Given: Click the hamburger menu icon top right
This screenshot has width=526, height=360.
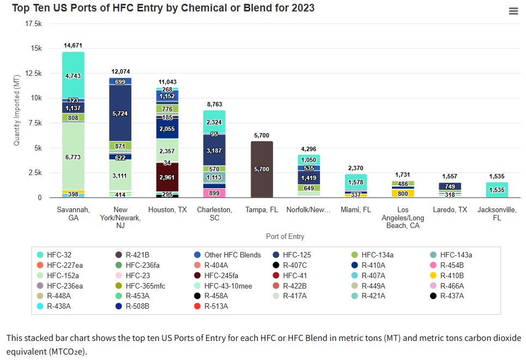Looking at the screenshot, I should coord(513,11).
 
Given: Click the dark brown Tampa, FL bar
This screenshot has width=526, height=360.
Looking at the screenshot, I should coord(261,169).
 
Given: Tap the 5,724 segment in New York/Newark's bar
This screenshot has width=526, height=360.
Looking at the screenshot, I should coord(120,113).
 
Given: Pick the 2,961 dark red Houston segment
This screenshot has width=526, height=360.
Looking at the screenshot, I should coord(167,178).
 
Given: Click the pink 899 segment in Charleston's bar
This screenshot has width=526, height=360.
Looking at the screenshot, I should coord(214,193).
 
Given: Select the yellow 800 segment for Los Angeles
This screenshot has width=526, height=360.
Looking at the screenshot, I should coord(403,193).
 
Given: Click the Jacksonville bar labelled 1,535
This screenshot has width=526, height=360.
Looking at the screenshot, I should coord(497,190).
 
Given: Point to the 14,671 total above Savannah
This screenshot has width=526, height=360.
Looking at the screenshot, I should coord(73,45).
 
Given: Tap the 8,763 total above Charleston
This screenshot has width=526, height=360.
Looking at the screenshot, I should coord(214,104).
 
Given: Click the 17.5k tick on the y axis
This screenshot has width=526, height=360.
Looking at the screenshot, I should coord(34,24).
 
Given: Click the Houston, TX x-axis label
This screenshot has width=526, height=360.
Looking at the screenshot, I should coord(167,209).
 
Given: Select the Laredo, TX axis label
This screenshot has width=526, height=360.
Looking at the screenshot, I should coord(450,209).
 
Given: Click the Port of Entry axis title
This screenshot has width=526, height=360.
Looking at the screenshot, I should coord(285,237).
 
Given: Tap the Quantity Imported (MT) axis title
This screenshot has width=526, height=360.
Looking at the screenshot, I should coord(17,110).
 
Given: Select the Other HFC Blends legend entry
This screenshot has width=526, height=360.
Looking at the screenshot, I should coord(232,255).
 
